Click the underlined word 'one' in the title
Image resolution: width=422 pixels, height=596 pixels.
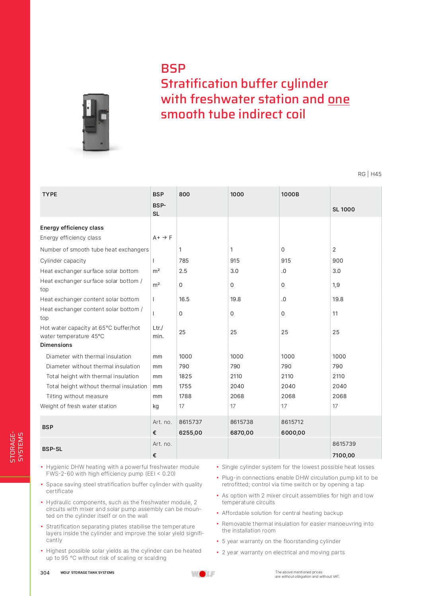point(338,99)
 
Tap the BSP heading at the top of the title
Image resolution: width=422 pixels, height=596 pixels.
point(173,68)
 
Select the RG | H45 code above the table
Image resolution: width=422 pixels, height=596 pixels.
point(369,174)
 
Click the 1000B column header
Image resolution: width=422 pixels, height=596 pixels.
point(290,194)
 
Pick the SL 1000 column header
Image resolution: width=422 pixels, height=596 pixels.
point(344,209)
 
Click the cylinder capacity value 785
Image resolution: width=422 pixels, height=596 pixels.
point(184,261)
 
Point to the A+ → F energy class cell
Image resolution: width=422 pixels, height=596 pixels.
point(162,238)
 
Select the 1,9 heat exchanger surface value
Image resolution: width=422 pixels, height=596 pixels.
point(336,285)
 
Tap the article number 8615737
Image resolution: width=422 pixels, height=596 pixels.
point(191,422)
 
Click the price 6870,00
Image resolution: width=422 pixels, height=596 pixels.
point(242,433)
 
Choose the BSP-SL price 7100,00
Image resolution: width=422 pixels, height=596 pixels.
point(344,455)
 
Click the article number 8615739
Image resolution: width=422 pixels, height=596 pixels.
point(344,444)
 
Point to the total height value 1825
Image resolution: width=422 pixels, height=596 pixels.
point(185,376)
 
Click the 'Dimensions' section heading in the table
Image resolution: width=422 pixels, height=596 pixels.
point(56,345)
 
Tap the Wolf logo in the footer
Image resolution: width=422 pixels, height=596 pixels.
point(203,574)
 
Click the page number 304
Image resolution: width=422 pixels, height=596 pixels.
point(45,573)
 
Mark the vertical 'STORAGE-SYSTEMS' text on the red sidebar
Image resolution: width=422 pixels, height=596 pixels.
point(16,447)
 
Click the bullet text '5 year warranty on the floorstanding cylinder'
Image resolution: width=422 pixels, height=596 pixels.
point(281,541)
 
